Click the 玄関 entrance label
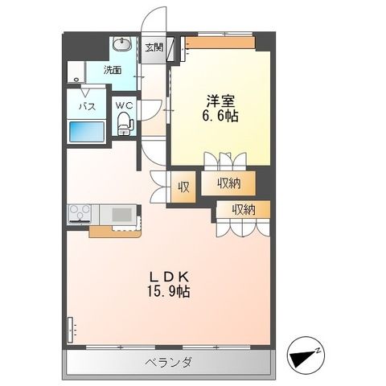pyautogui.click(x=154, y=47)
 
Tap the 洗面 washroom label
pyautogui.click(x=113, y=70)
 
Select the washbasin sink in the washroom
pyautogui.click(x=123, y=43)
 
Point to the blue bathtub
pyautogui.click(x=88, y=132)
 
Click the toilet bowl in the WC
pyautogui.click(x=124, y=124)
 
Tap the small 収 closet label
pyautogui.click(x=183, y=187)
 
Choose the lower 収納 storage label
pyautogui.click(x=244, y=210)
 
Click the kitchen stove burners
pyautogui.click(x=79, y=214)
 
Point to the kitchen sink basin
pyautogui.click(x=121, y=215)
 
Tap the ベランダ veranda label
pyautogui.click(x=168, y=362)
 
